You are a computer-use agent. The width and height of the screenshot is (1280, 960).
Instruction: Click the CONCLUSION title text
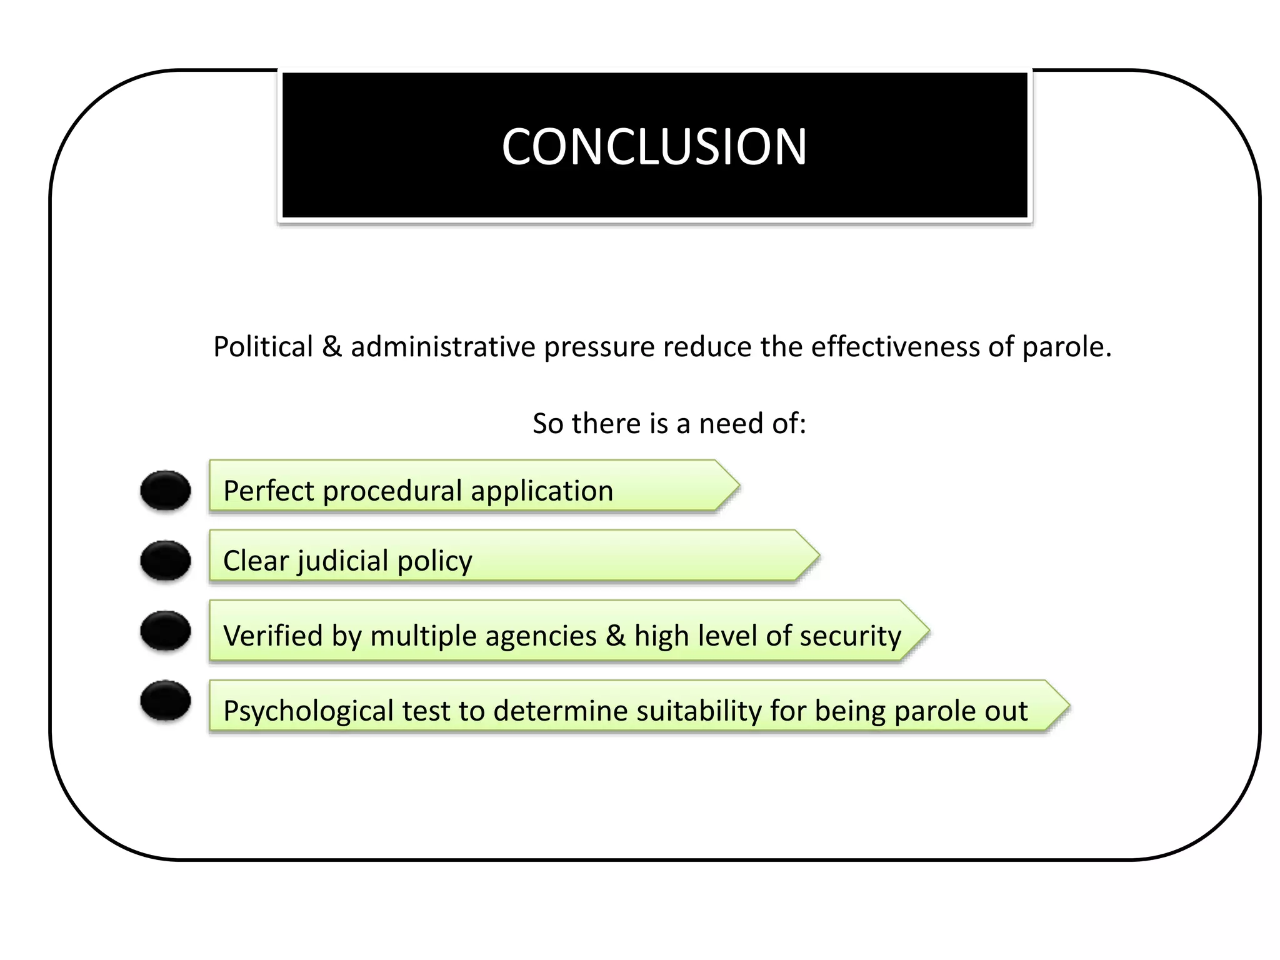(x=654, y=147)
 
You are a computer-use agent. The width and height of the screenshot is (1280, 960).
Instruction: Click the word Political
(x=263, y=347)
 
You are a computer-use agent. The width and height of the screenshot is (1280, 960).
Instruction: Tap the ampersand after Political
(x=332, y=347)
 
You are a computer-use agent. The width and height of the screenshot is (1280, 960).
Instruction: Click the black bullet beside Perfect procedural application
(x=166, y=490)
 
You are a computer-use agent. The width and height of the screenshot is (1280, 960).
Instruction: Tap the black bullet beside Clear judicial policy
(x=166, y=560)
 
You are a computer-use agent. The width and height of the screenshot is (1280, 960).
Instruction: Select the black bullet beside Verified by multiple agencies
(x=166, y=630)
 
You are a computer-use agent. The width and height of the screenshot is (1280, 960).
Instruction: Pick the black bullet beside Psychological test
(x=166, y=700)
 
